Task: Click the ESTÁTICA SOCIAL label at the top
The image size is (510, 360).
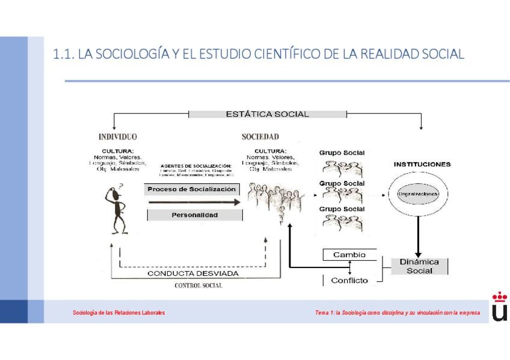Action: [267, 114]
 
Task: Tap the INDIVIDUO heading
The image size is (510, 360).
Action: [117, 137]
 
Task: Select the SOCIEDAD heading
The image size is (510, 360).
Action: [260, 137]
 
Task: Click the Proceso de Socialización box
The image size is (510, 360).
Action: [192, 189]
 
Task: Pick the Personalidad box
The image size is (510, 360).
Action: [194, 215]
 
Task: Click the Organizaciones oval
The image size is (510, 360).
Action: [417, 194]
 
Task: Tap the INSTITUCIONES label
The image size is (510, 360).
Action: [422, 163]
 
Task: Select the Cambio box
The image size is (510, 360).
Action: [349, 255]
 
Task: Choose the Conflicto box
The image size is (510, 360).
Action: [349, 279]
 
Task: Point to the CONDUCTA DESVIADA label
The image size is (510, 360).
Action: [193, 273]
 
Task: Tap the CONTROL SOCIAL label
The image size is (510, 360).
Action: [198, 285]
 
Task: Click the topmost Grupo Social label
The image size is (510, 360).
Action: [342, 153]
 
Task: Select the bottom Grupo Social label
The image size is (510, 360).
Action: [342, 209]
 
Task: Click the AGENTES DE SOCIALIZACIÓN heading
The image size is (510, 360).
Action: [195, 165]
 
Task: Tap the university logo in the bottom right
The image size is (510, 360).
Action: [499, 308]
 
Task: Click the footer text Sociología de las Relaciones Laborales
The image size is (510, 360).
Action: [118, 313]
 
